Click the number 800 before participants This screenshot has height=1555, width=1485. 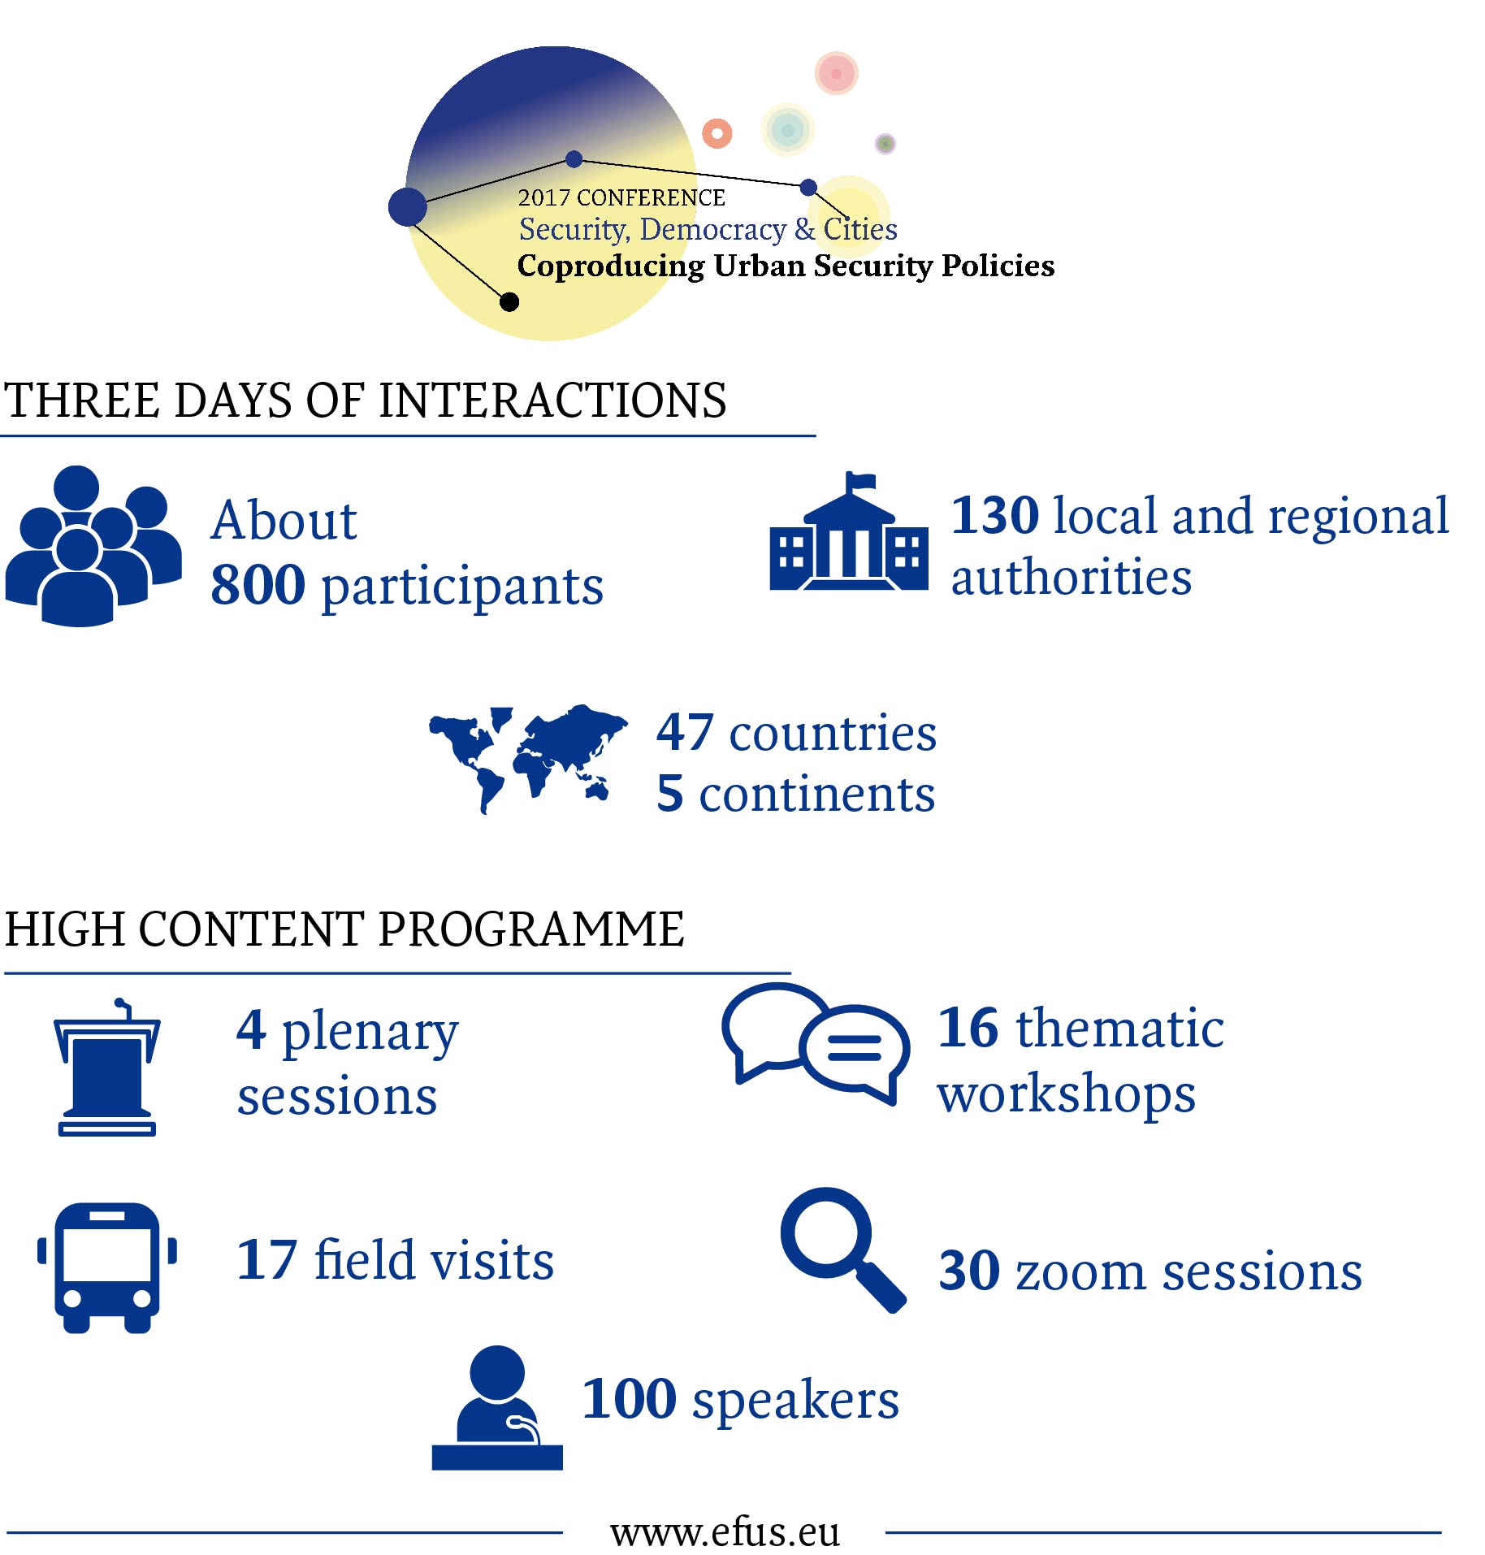coord(258,585)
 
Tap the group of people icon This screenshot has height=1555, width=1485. coord(93,546)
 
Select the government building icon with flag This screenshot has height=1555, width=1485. coord(849,531)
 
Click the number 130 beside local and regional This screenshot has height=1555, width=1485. coord(995,515)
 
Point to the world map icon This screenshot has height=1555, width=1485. coord(528,758)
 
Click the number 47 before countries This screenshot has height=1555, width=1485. coord(685,732)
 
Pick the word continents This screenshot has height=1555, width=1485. coord(816,794)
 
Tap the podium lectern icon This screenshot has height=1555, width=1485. coord(107,1067)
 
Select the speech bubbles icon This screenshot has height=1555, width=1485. coord(816,1044)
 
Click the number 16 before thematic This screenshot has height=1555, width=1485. coord(968,1028)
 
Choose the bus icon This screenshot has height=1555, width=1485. coord(107,1267)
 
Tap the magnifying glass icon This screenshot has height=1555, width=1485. coord(843,1250)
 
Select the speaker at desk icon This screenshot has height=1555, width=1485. coord(497,1408)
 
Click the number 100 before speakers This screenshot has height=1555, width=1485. coord(629,1399)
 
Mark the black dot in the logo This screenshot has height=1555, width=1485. coord(509,302)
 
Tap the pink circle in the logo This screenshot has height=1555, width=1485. coord(837,73)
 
